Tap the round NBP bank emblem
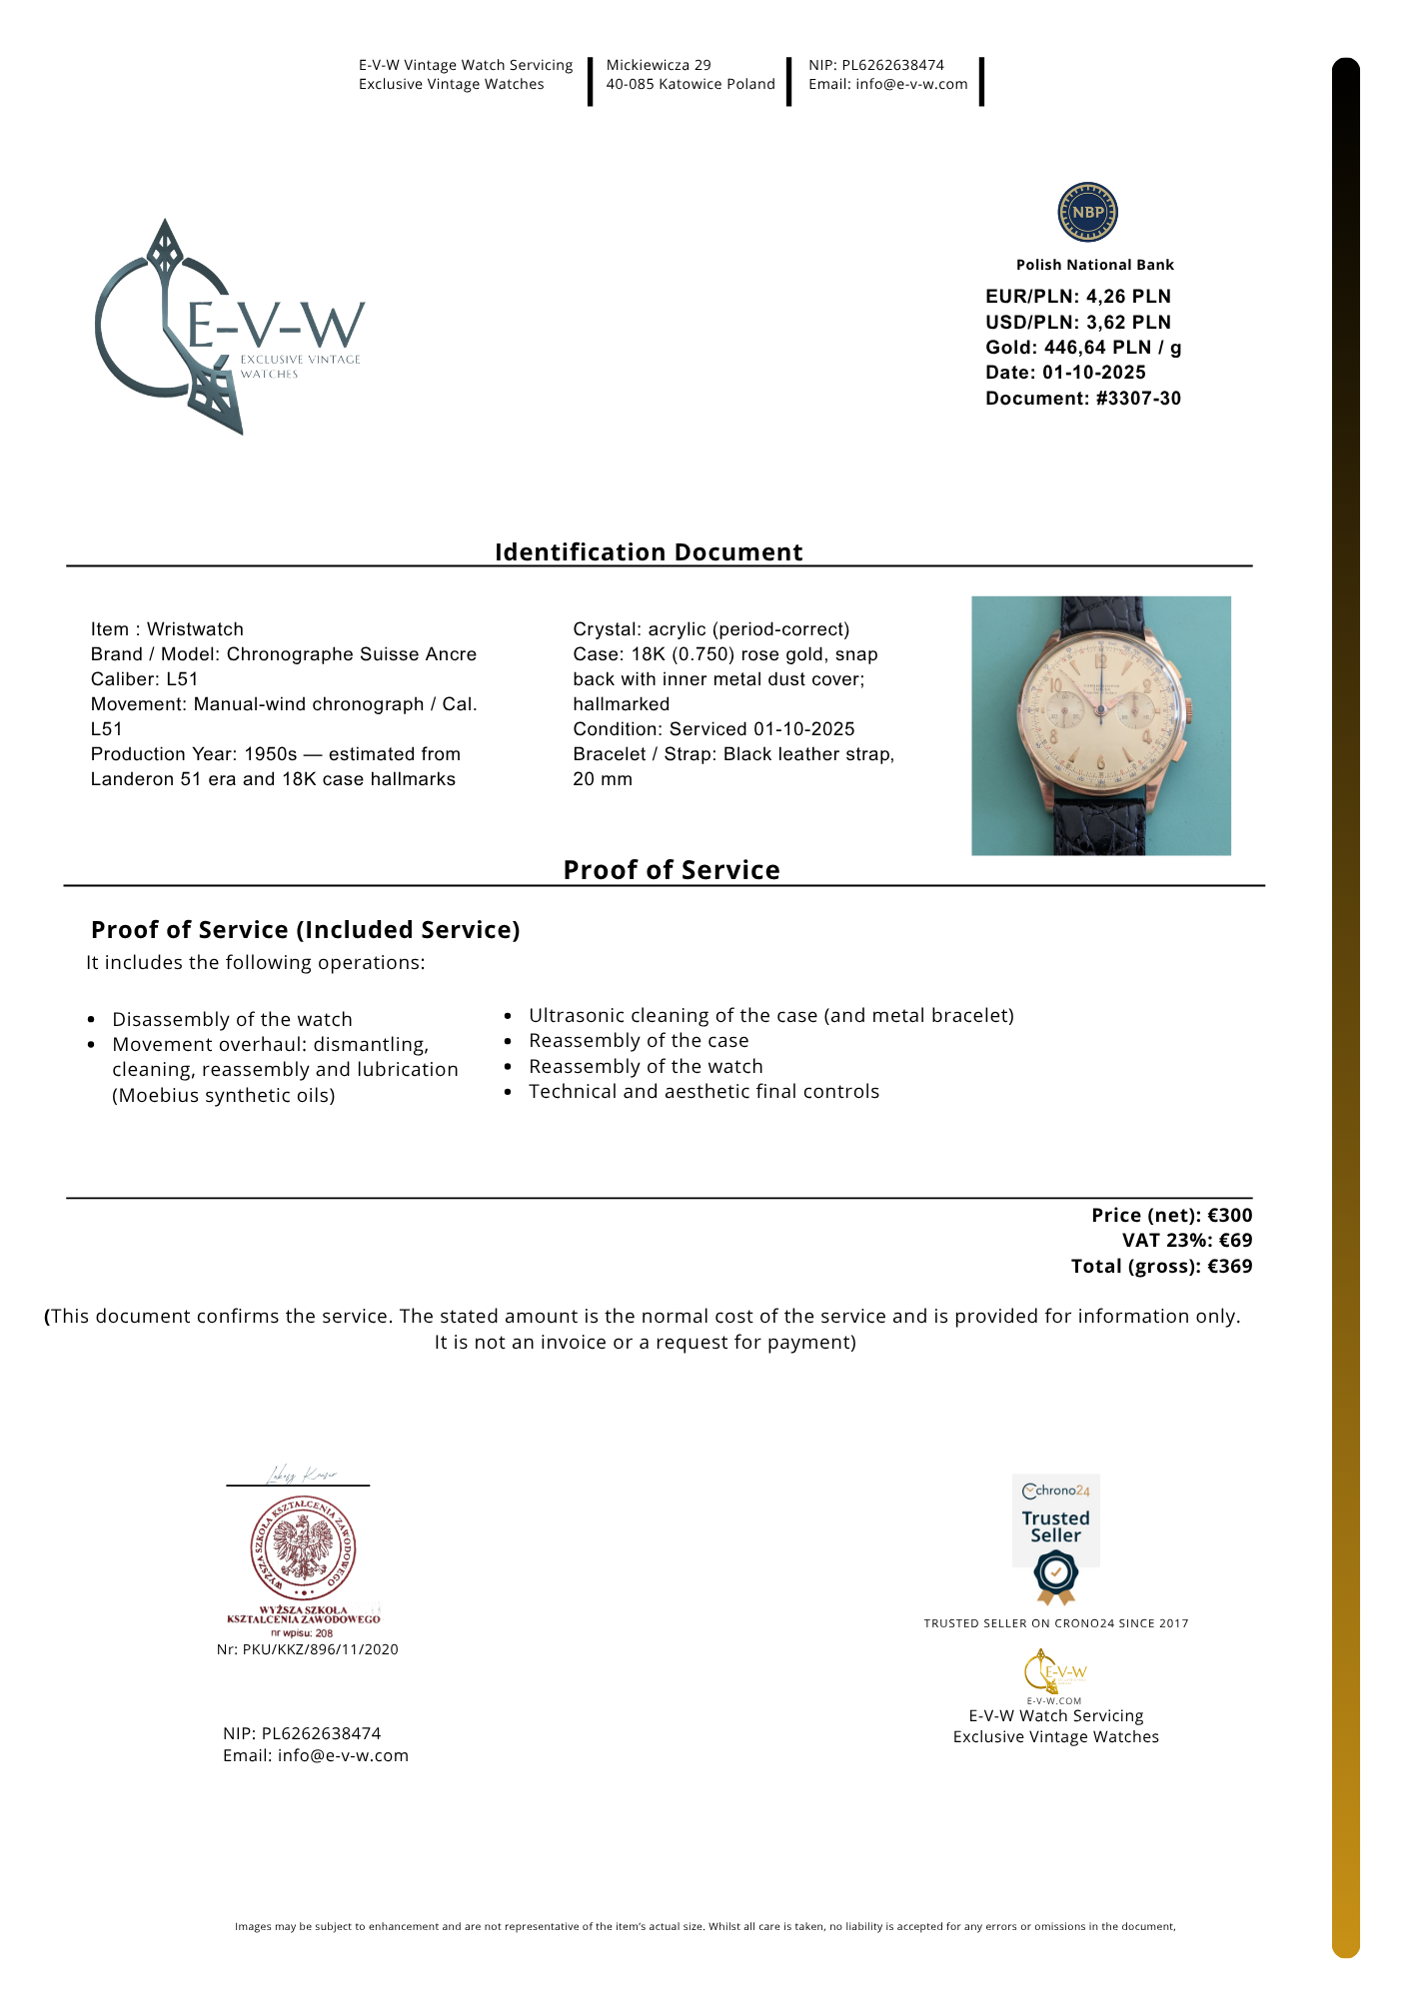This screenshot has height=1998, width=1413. point(1087,212)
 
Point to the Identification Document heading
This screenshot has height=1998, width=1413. point(649,552)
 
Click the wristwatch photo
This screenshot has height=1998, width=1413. point(1100,725)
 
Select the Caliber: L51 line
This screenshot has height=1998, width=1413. point(145,679)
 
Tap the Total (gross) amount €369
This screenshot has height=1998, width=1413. point(1229,1267)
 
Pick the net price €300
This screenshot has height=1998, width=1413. point(1229,1216)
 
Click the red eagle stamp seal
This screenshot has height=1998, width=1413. point(303,1548)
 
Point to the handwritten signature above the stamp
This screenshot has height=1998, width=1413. point(301,1475)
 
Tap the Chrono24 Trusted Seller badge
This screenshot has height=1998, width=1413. point(1056,1536)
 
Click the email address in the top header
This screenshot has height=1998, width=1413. point(911,84)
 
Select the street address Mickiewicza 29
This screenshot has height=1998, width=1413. point(659,65)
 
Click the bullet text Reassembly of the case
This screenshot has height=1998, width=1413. point(639,1041)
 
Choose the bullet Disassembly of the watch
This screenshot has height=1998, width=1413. point(232,1019)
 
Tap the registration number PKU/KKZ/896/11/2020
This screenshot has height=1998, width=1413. point(320,1649)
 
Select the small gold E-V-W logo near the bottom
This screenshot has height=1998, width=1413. point(1054,1672)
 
